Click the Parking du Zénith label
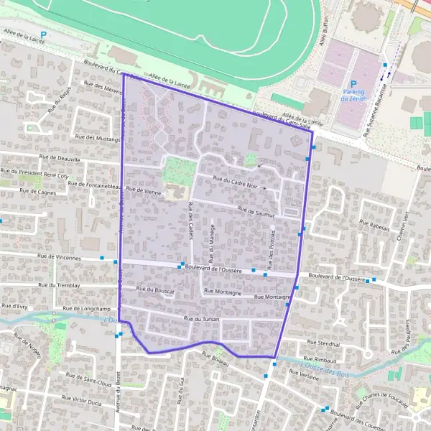click(353, 95)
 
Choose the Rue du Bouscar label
click(155, 289)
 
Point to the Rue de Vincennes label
click(62, 256)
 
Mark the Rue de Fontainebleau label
click(93, 185)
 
